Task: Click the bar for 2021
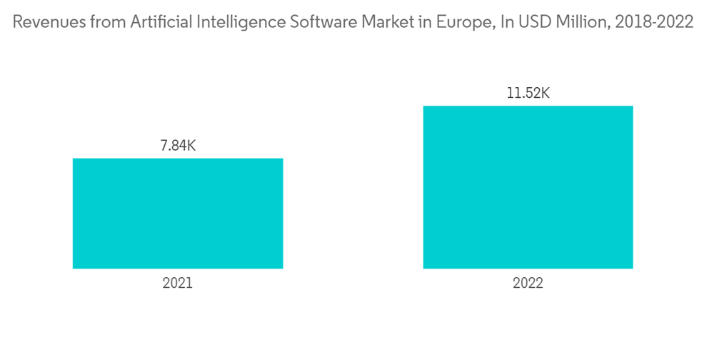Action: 178,214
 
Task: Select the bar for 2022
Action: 528,187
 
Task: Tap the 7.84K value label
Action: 178,146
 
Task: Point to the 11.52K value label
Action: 528,94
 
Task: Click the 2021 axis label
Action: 178,283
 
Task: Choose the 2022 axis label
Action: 528,283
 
